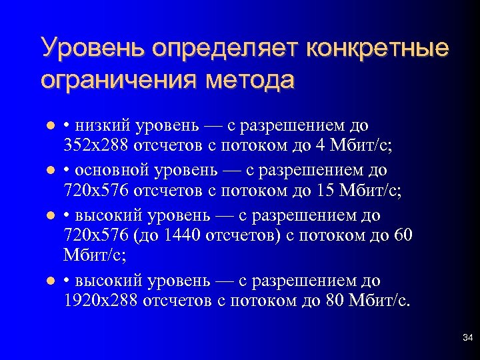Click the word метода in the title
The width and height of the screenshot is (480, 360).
pos(250,80)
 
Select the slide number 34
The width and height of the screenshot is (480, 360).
pos(467,340)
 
